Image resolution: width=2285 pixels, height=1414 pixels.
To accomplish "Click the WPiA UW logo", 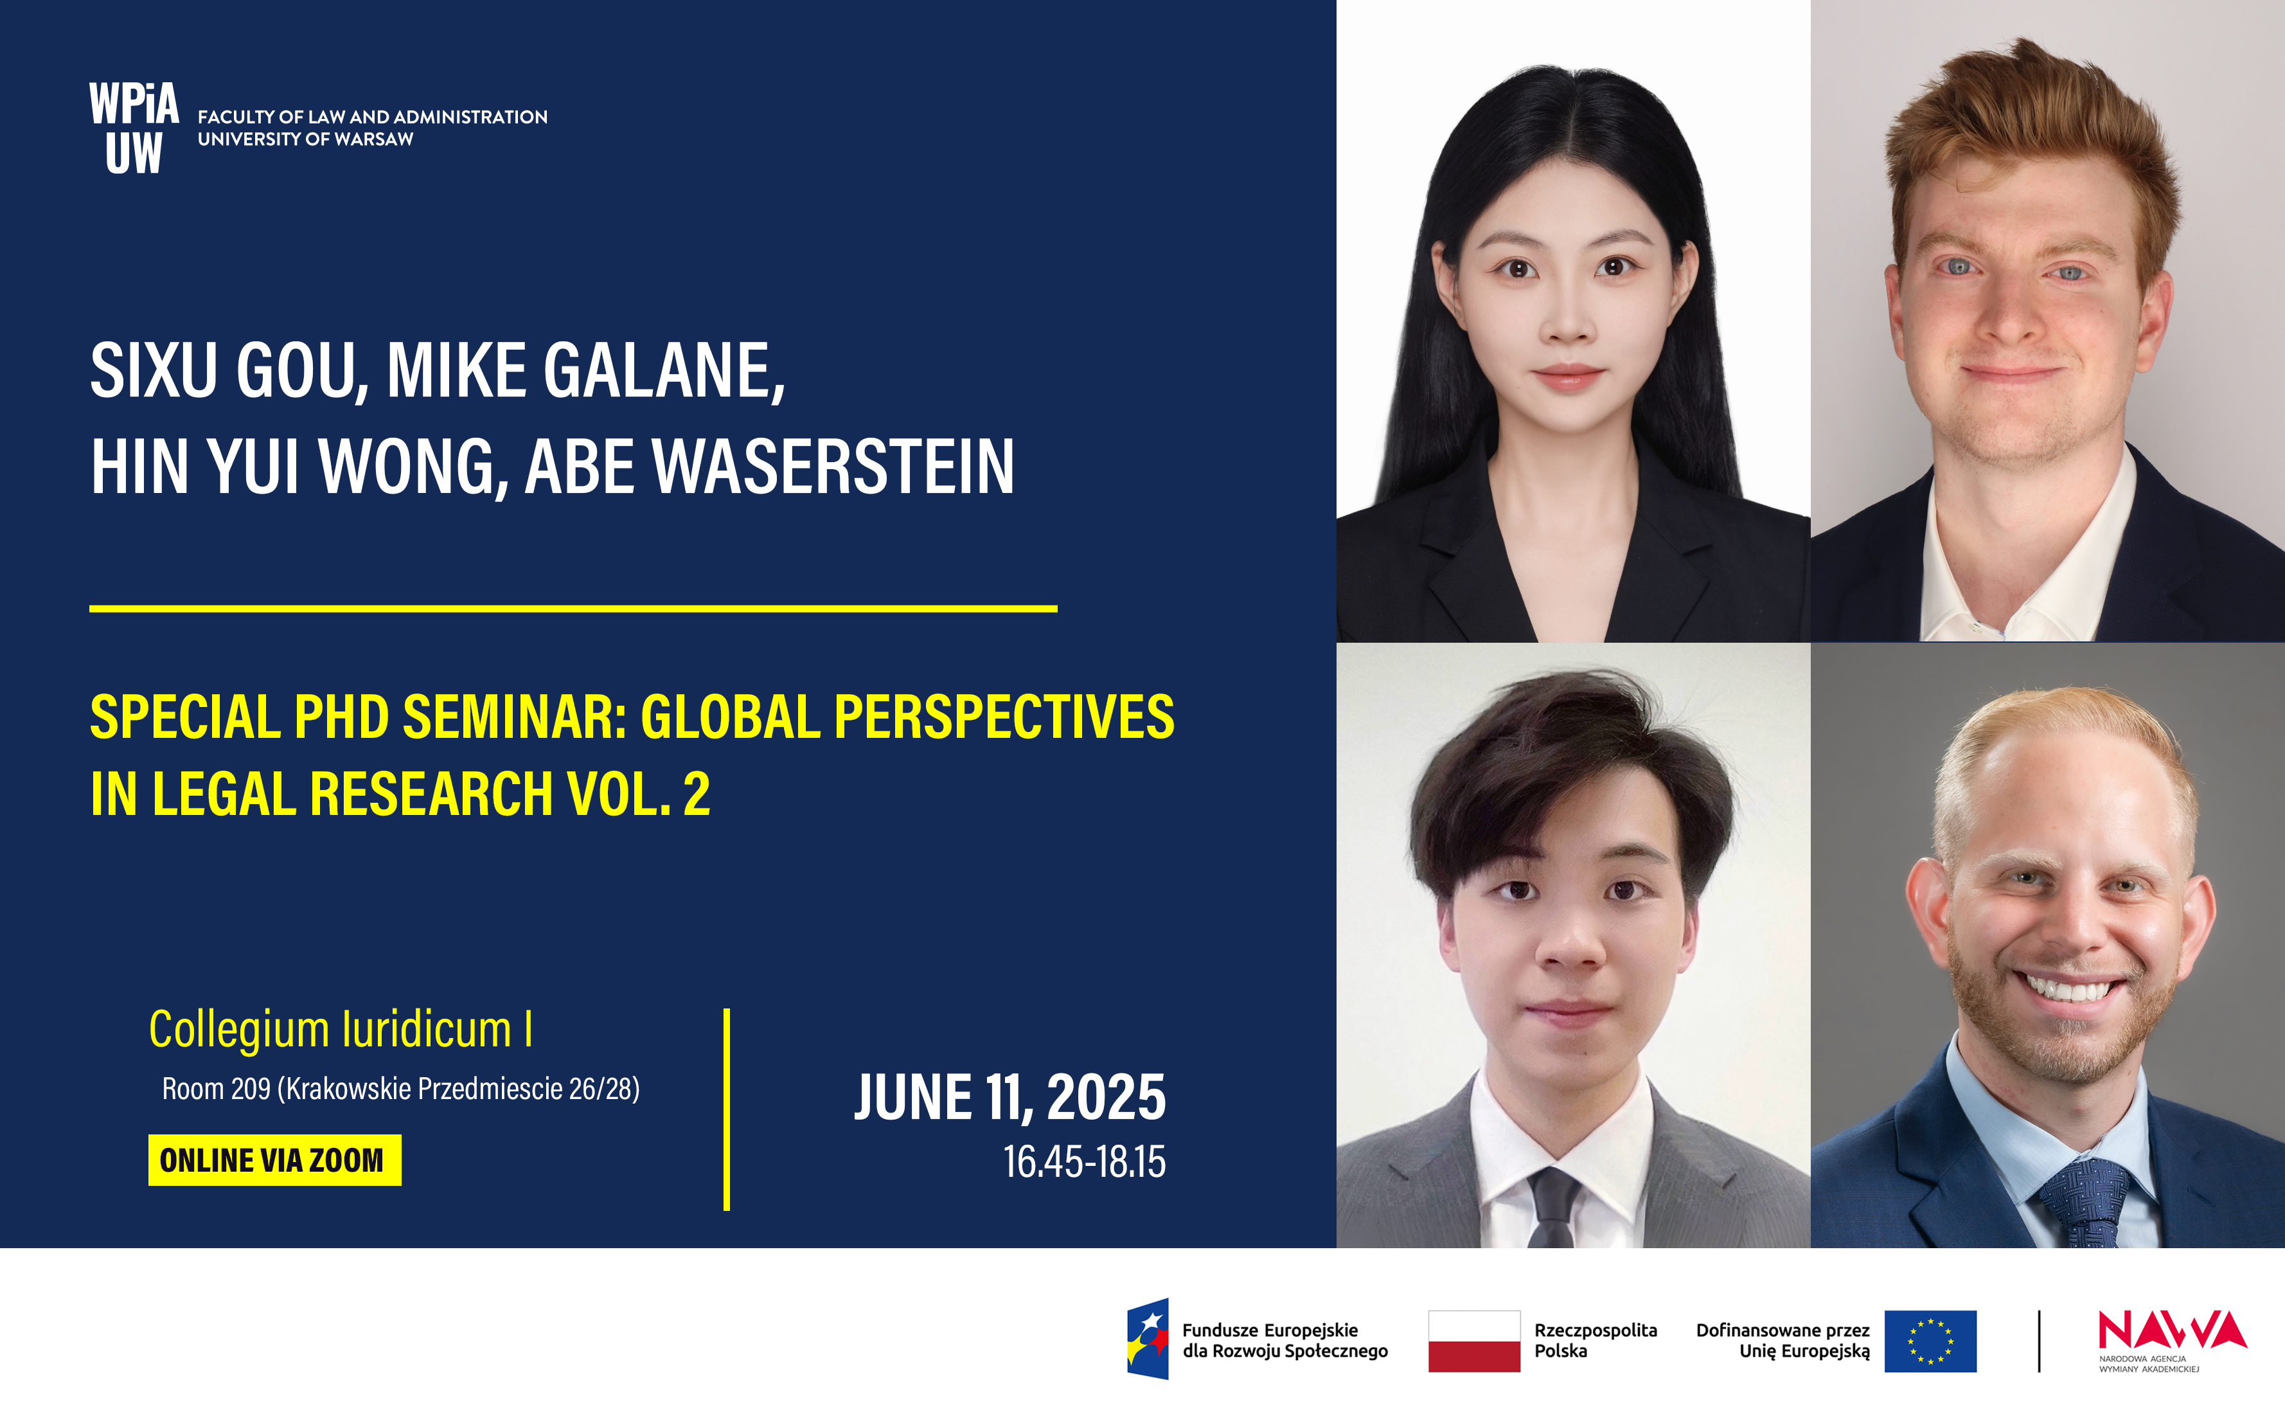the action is (x=134, y=127).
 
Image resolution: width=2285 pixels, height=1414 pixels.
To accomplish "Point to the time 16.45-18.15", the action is (x=1085, y=1161).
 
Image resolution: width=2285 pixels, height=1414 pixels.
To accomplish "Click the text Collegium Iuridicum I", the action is (x=341, y=1029).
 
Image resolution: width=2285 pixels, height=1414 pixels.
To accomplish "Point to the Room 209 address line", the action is (x=401, y=1089).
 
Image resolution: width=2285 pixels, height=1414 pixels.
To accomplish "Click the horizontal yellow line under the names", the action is (x=573, y=609).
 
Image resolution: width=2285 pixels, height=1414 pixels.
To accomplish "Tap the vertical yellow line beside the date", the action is (x=727, y=1109).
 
